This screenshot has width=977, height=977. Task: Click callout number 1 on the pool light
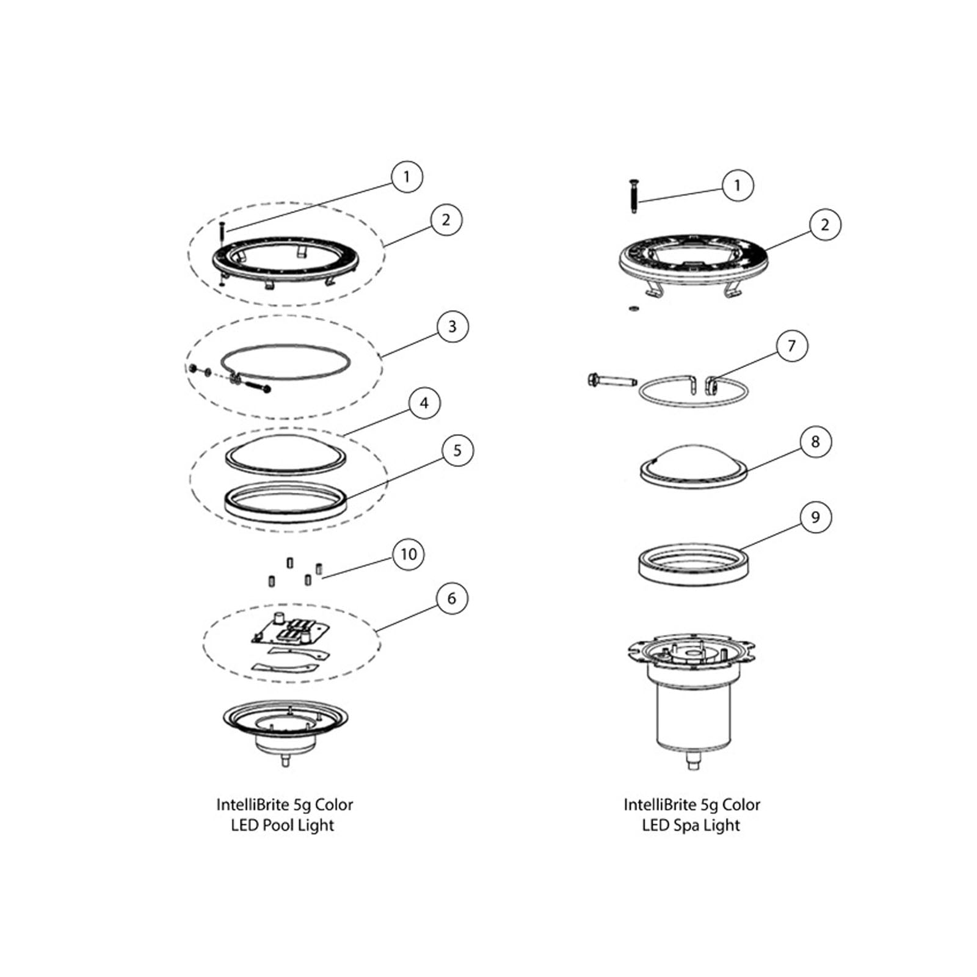coord(407,176)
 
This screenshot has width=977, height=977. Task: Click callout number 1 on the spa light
coord(737,185)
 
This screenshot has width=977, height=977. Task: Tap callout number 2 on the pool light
coord(446,220)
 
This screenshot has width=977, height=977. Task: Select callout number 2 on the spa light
coord(825,225)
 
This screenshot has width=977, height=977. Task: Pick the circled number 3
coord(452,327)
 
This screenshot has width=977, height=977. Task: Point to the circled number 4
coord(424,403)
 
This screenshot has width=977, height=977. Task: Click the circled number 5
coord(457,451)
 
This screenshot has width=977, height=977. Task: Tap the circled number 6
coord(452,598)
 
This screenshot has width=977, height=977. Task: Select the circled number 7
coord(792,346)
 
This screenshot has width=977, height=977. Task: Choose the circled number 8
coord(815,441)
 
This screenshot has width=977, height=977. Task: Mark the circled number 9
coord(815,517)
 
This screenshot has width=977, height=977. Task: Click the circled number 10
coord(408,554)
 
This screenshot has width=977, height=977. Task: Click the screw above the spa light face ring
coord(633,196)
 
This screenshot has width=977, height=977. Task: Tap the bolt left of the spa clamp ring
coord(611,380)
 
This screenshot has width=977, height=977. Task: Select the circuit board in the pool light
coord(290,630)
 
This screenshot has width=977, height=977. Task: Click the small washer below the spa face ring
coord(633,308)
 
